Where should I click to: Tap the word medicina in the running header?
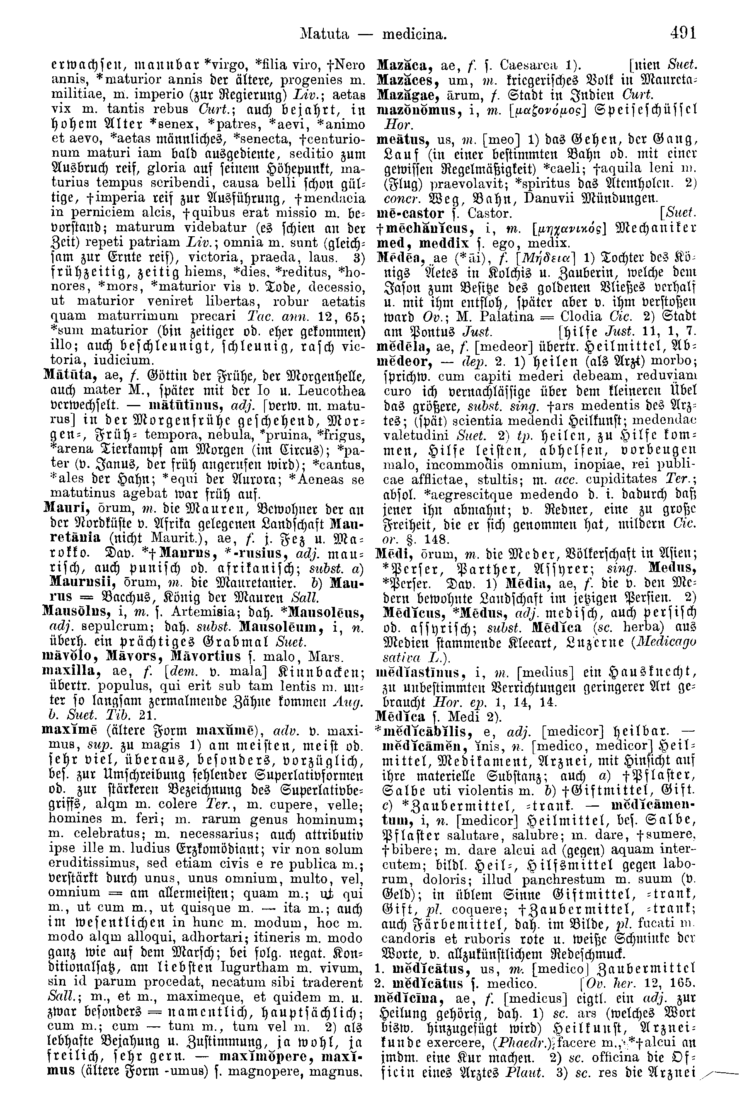415,34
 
